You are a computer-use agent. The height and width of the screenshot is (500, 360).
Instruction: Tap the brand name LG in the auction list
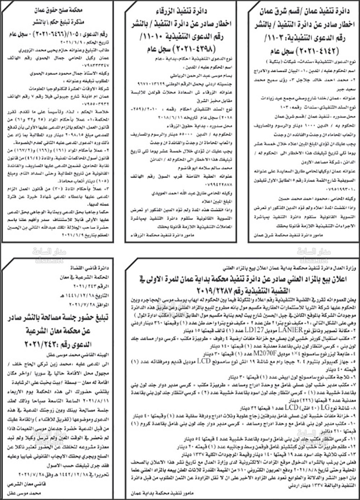[323, 407]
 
